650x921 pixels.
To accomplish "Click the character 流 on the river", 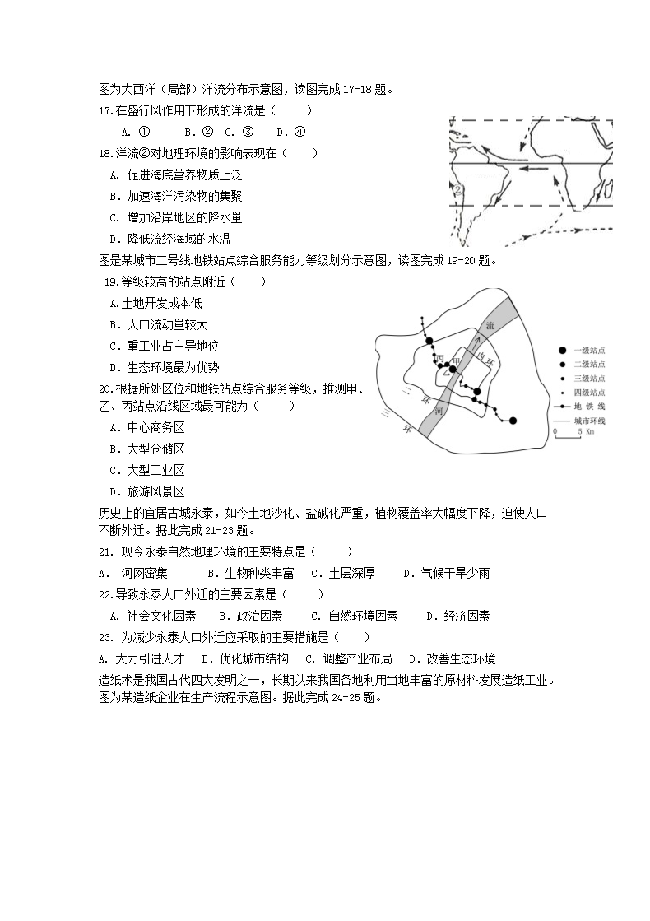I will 491,325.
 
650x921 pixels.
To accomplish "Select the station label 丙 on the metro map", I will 440,357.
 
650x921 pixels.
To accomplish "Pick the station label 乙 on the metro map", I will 446,372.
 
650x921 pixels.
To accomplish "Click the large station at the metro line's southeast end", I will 513,421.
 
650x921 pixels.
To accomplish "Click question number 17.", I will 105,110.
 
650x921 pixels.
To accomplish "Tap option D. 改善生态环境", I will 452,658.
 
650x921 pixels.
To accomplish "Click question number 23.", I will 105,637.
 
